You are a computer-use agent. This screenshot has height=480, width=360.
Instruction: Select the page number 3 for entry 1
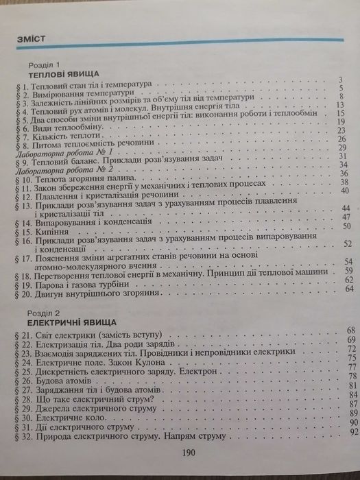[339, 81]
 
